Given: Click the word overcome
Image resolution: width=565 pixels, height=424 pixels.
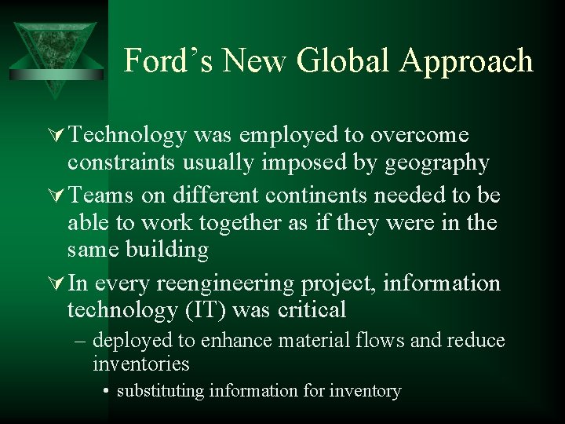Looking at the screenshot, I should coord(419,136).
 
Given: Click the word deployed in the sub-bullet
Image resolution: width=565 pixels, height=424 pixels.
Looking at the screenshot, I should coord(134,340).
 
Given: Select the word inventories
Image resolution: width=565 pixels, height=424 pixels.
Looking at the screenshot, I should coord(141,364).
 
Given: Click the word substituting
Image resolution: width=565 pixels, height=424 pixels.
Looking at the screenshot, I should coord(160,390).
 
